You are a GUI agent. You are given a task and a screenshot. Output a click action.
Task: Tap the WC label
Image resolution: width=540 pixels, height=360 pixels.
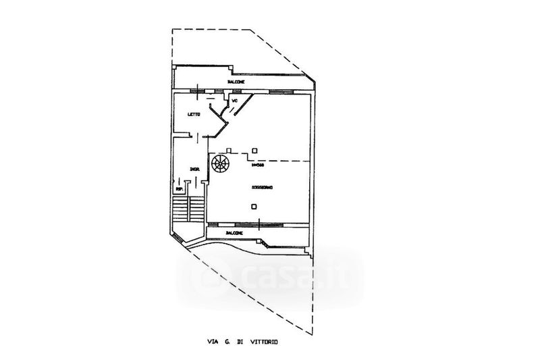pos(235,101)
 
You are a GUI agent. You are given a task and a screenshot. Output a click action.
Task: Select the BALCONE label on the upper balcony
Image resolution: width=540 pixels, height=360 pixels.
pos(236,82)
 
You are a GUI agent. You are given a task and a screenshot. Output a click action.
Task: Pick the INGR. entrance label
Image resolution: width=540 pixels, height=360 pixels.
pos(194,169)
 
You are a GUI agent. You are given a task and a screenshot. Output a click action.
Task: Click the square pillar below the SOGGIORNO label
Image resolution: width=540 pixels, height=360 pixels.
pos(253,206)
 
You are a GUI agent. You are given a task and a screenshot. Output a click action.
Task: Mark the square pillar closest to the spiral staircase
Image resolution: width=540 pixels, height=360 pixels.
pos(230,150)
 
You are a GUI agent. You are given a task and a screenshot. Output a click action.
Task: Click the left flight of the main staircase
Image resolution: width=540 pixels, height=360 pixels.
pos(180,209)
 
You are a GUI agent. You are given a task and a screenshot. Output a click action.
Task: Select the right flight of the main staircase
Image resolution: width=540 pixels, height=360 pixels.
pos(196,209)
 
